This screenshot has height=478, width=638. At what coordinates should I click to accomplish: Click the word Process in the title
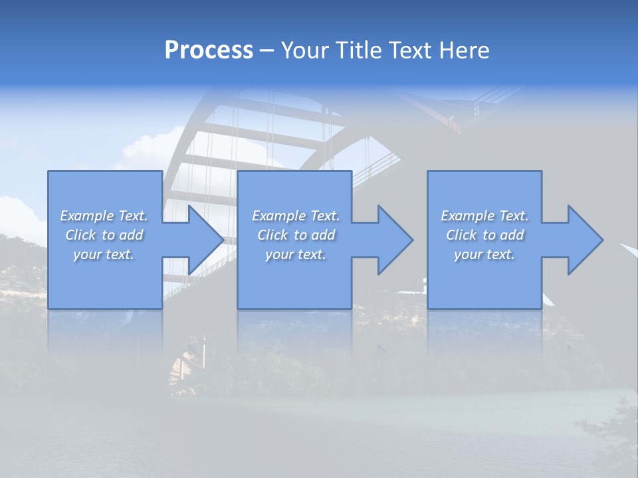point(209,50)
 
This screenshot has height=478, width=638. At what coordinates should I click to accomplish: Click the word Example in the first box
point(87,216)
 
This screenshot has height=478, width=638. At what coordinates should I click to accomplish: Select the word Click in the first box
point(80,235)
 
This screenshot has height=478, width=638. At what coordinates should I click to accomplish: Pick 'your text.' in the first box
point(104,254)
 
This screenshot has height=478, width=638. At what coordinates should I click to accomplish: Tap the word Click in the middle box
point(272,235)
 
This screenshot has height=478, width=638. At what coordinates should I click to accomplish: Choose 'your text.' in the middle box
point(295,254)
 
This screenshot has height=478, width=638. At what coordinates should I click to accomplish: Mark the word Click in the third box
point(461,235)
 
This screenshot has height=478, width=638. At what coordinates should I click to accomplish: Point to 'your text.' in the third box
point(484,254)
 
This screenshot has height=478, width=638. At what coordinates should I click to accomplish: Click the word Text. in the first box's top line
point(133,216)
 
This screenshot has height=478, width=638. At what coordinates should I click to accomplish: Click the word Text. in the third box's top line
point(514,216)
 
